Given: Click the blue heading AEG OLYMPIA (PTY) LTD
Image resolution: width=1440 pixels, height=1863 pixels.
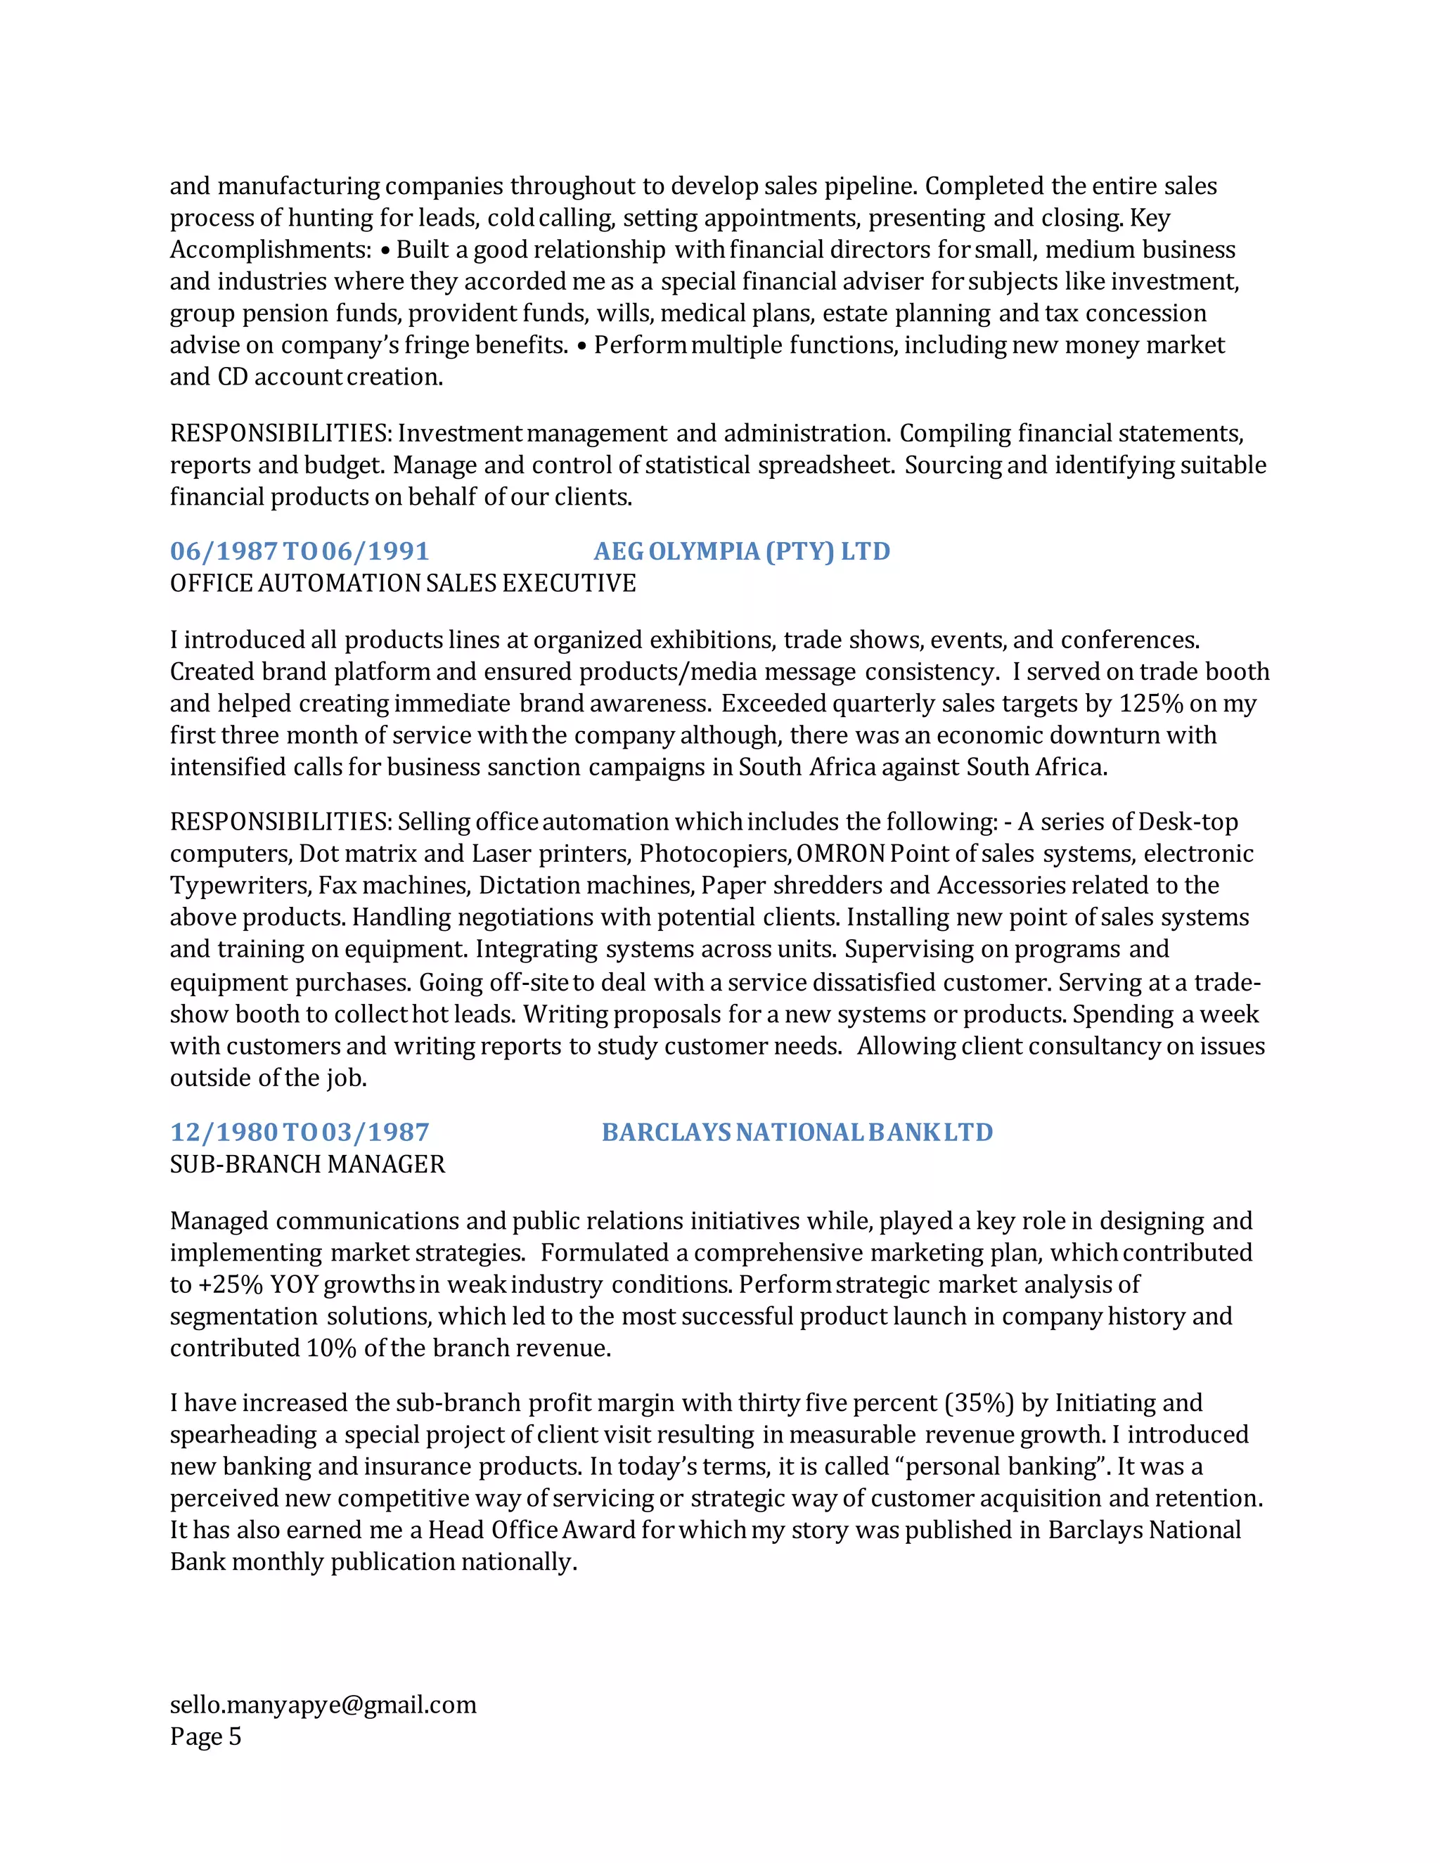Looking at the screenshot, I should tap(741, 551).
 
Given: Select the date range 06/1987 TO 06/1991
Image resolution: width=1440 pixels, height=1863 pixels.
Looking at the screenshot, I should tap(300, 551).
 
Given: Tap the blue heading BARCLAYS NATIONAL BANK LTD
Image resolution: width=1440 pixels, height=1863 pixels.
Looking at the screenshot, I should tap(797, 1132).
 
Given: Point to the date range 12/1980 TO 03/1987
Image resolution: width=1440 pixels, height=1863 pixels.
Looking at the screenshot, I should tap(300, 1132).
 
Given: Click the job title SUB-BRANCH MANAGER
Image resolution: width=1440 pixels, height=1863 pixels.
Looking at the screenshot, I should tap(307, 1164).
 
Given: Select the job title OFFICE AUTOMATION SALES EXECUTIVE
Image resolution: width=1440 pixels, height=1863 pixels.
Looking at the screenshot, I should tap(403, 584).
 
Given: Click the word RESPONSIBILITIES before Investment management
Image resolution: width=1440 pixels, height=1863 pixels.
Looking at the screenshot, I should tap(281, 433).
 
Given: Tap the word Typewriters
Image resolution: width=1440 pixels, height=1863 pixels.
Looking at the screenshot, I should tap(240, 885).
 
